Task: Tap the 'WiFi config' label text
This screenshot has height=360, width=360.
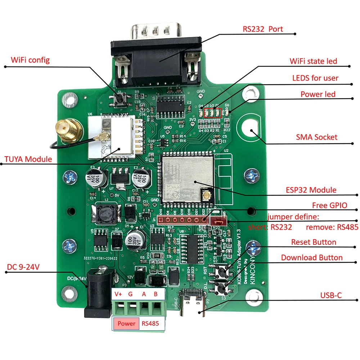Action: coord(30,60)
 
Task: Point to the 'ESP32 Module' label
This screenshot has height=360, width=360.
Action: coord(311,190)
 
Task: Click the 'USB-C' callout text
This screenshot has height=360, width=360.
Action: coord(331,296)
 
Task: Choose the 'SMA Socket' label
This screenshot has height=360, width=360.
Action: coord(317,137)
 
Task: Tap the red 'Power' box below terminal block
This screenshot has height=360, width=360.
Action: coord(126,323)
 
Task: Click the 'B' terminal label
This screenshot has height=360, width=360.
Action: coord(156,294)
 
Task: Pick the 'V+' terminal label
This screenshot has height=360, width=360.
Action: coord(118,294)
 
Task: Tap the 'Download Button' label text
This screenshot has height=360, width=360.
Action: coord(312,257)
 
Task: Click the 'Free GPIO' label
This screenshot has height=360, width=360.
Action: coord(329,205)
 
